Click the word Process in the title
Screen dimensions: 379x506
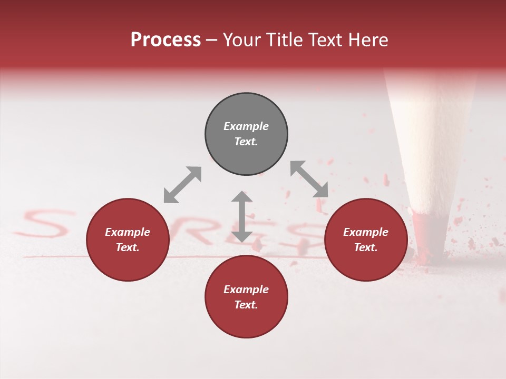[166, 40]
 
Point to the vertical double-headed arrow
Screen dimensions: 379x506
[242, 216]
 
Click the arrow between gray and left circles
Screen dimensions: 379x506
[182, 185]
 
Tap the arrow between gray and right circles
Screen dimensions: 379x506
[309, 179]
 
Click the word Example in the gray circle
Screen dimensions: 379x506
[246, 126]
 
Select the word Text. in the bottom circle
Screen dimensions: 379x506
[246, 305]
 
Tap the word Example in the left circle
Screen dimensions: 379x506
[128, 232]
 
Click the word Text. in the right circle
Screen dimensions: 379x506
[366, 247]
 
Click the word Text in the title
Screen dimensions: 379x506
[325, 40]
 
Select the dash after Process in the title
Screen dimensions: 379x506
[211, 41]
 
